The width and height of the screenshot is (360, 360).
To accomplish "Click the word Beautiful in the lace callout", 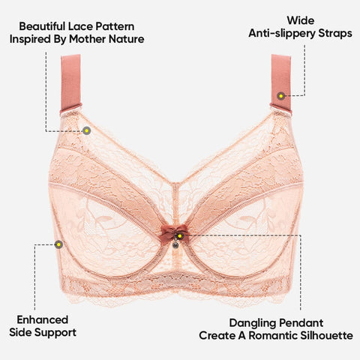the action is click(42, 26).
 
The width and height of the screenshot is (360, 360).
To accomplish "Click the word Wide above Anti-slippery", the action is click(301, 20).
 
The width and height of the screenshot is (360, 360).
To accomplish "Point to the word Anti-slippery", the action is click(282, 34).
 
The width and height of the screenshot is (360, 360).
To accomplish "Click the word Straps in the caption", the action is click(335, 34).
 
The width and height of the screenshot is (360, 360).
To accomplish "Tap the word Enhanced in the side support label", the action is click(43, 319).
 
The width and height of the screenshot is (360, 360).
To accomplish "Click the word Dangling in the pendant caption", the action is click(251, 323).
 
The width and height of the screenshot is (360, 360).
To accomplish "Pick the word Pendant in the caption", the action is click(299, 322).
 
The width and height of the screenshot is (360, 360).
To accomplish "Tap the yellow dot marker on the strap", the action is click(281, 96).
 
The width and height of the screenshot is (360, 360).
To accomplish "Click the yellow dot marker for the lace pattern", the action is click(87, 130).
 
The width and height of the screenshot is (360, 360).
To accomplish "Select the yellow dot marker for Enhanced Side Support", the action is click(58, 244).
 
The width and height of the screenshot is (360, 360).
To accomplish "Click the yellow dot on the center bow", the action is click(179, 235).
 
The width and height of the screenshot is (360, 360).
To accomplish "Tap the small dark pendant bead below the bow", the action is click(175, 245).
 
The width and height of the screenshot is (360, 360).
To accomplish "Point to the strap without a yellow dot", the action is click(70, 84).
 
